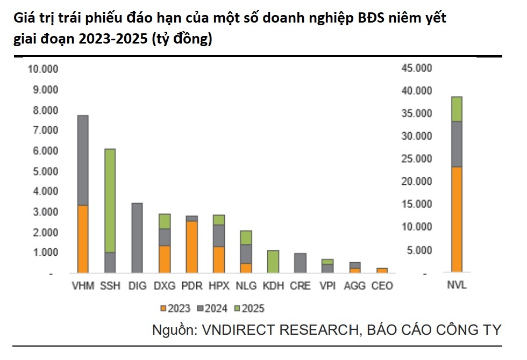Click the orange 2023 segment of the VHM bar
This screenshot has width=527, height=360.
click(83, 239)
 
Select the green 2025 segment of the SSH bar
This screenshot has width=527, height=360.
click(109, 200)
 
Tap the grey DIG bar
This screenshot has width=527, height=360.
click(137, 237)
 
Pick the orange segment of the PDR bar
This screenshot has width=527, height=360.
click(191, 247)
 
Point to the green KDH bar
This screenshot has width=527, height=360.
click(273, 261)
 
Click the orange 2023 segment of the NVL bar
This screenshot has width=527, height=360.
click(457, 219)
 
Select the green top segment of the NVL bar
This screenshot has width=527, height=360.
click(457, 109)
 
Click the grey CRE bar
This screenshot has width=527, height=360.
click(301, 263)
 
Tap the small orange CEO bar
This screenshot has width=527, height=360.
click(382, 270)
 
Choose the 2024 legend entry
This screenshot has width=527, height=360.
click(213, 308)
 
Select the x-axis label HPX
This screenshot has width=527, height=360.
click(218, 286)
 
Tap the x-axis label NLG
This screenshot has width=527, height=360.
click(245, 286)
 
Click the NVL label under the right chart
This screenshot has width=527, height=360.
click(457, 286)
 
